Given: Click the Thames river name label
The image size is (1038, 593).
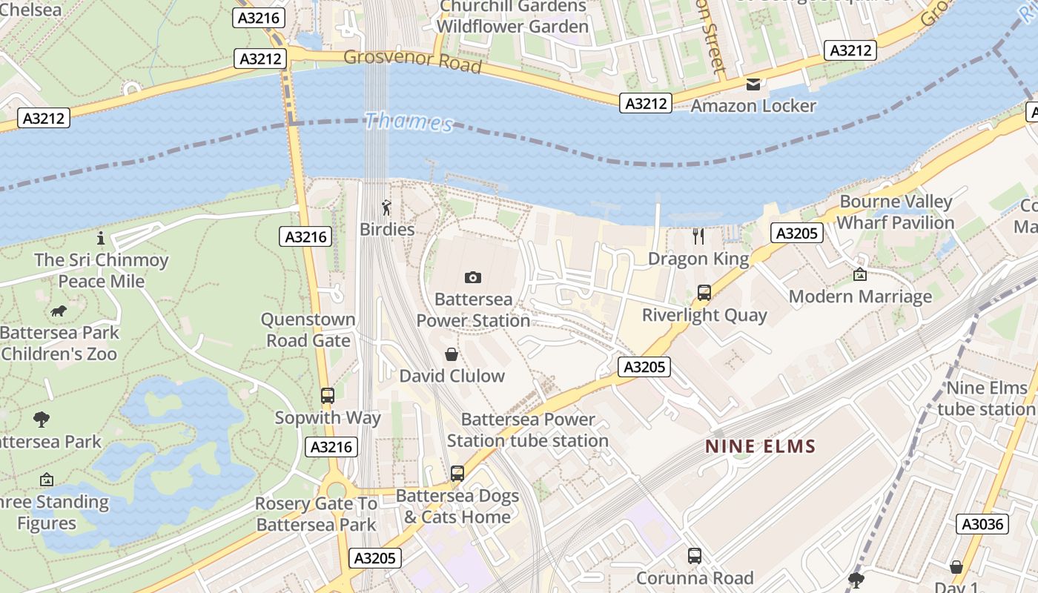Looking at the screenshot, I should coord(409,122).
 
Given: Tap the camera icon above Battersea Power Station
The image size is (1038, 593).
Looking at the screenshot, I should coord(472,277).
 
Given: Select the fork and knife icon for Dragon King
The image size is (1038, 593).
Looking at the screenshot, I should coord(698,236).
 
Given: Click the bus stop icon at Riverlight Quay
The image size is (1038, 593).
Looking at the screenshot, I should coord(704,293).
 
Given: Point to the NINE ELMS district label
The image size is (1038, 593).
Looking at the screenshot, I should coord(760,446).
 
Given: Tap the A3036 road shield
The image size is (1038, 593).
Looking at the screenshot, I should coord(982,524).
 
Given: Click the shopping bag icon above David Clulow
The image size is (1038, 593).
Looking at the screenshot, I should coord(451,354).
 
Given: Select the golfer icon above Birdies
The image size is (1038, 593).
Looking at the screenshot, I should coord(386,208).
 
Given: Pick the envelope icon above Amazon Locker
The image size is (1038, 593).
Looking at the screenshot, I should coord(753,85).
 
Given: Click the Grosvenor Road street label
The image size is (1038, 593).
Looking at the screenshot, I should coord(412,61).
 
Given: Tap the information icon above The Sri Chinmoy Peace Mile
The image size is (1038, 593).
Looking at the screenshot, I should coord(101,239).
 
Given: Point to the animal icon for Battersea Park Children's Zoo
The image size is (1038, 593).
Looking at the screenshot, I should coord(59,311).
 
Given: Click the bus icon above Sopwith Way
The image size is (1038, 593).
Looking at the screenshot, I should coord(327,396).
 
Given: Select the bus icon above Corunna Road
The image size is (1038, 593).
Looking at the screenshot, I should coord(694,556).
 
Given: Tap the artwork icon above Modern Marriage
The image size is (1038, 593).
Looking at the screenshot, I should coord(859,274).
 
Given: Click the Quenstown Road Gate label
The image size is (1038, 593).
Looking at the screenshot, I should coord(308,330).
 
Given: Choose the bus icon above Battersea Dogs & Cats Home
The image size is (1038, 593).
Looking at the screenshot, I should coord(457,473).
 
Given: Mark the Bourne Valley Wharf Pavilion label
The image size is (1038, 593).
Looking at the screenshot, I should coord(895,212).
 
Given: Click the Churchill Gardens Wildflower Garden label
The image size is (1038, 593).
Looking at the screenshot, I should coord(513,16).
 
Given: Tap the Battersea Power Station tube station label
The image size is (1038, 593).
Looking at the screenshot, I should coord(527,430).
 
